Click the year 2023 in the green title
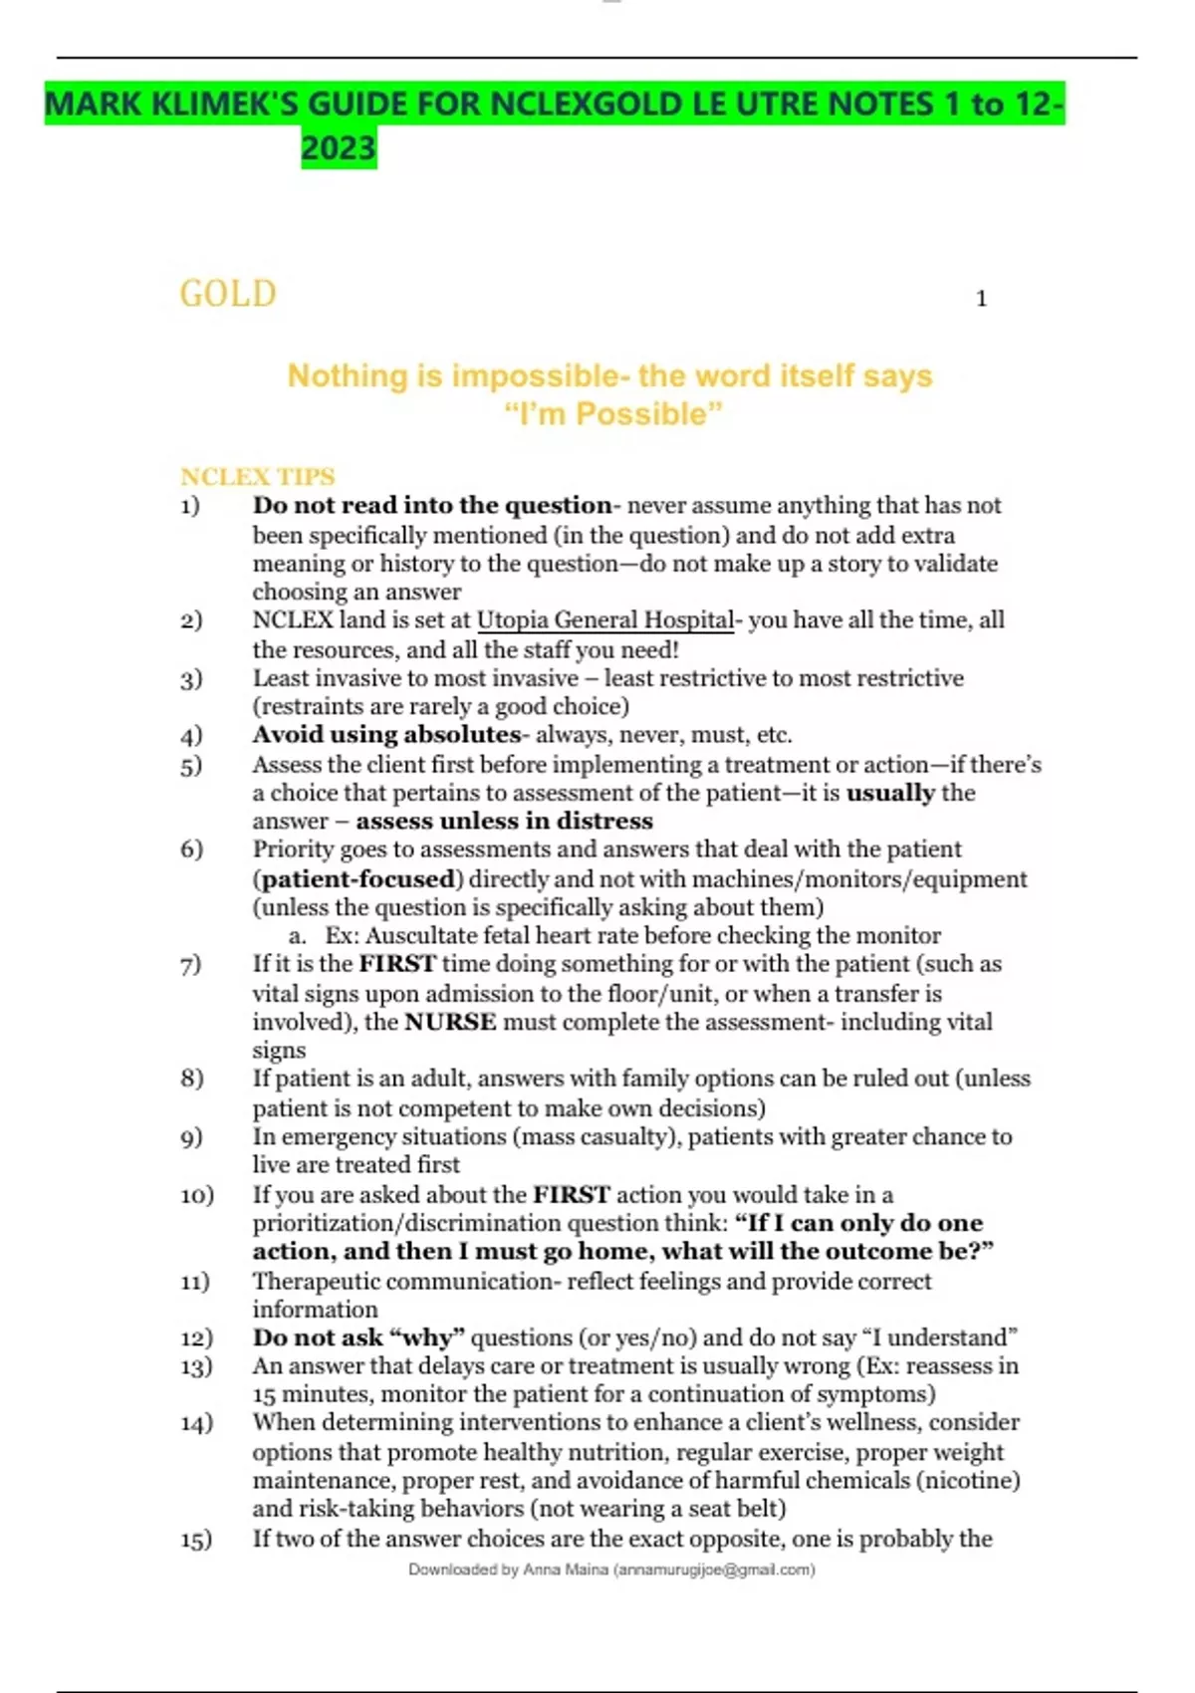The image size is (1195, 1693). click(x=339, y=148)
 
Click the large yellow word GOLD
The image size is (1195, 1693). click(x=228, y=294)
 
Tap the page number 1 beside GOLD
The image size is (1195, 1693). click(x=981, y=299)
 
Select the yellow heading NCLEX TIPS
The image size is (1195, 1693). click(x=258, y=476)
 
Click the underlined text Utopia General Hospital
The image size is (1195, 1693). click(x=605, y=620)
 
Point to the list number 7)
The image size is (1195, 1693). click(x=191, y=964)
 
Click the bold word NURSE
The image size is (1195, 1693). click(x=450, y=1022)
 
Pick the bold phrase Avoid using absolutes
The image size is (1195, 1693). click(x=386, y=735)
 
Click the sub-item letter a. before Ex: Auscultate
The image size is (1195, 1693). click(x=297, y=936)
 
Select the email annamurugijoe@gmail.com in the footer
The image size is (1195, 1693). click(x=713, y=1570)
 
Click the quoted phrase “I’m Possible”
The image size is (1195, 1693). click(x=613, y=413)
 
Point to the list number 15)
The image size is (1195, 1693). click(x=196, y=1540)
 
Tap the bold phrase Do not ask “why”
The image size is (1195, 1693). click(x=358, y=1337)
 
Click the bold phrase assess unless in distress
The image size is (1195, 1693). click(x=504, y=822)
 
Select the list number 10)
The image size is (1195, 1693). click(x=196, y=1195)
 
